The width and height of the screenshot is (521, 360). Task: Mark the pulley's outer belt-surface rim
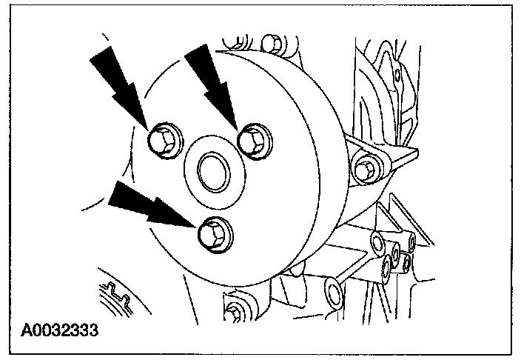click(311, 148)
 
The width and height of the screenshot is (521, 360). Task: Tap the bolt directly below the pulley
click(235, 311)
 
